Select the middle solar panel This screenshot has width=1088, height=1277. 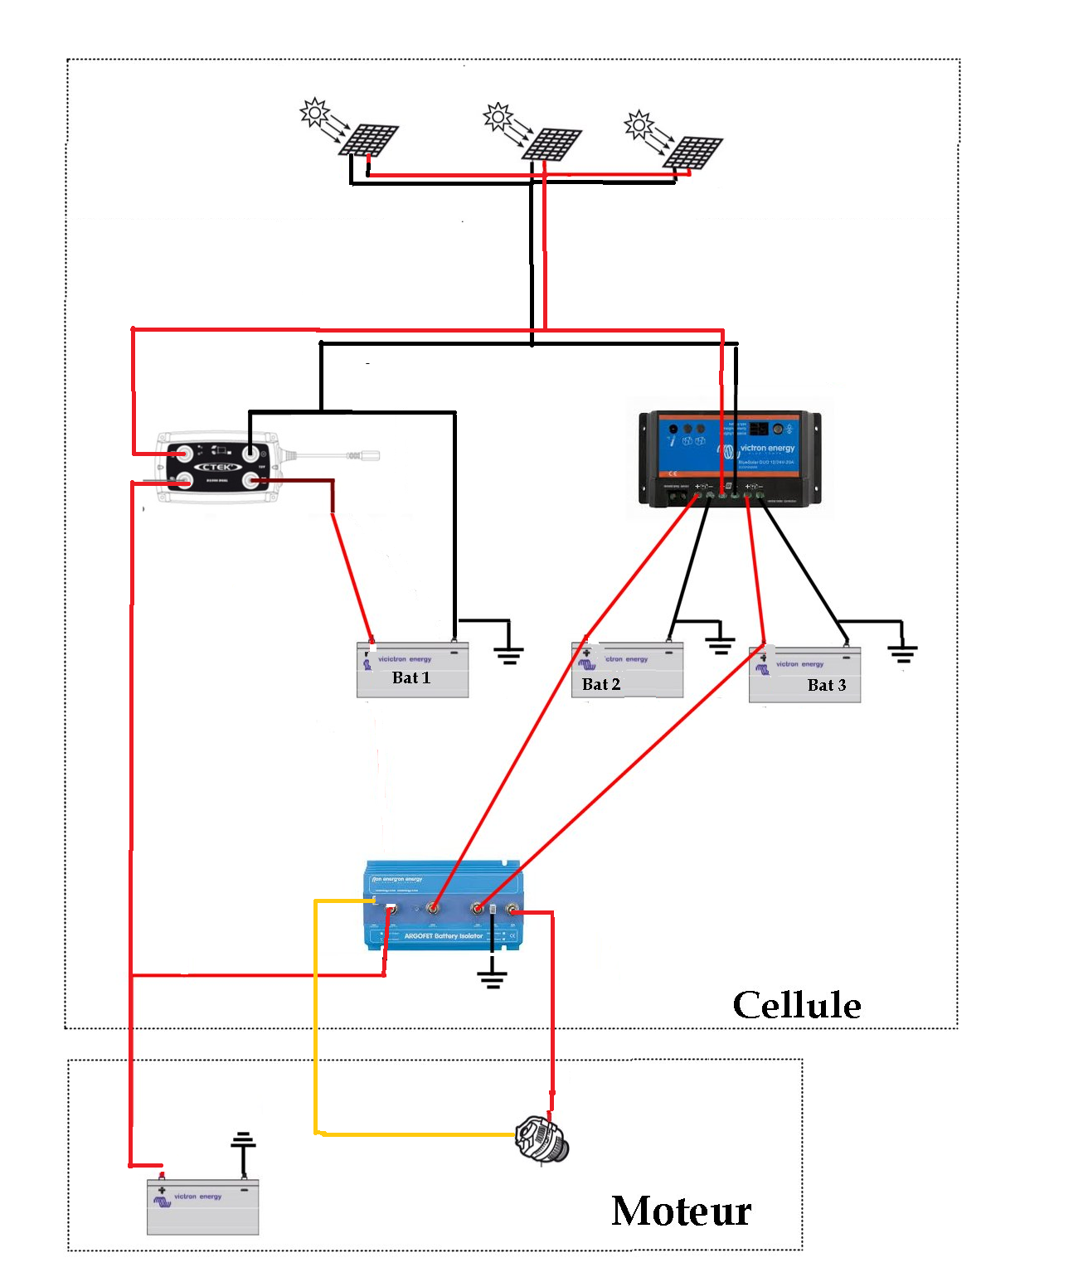552,144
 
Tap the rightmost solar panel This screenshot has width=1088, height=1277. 694,153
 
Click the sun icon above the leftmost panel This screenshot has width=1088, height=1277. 314,113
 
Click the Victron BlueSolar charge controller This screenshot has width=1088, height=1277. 729,458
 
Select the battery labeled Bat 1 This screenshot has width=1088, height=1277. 412,670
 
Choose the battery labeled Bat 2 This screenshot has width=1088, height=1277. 627,670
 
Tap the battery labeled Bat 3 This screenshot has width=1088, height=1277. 804,676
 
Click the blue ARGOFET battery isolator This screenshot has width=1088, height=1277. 444,906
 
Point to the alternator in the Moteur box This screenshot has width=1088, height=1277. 542,1140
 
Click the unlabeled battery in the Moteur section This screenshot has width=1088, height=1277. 202,1207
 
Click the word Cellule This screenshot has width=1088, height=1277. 797,1005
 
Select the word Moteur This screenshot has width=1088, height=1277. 681,1211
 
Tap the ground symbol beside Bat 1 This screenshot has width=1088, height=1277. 508,654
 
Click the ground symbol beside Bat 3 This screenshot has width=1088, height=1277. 902,653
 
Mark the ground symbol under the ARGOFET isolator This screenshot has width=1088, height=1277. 492,978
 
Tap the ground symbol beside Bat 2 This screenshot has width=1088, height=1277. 720,643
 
